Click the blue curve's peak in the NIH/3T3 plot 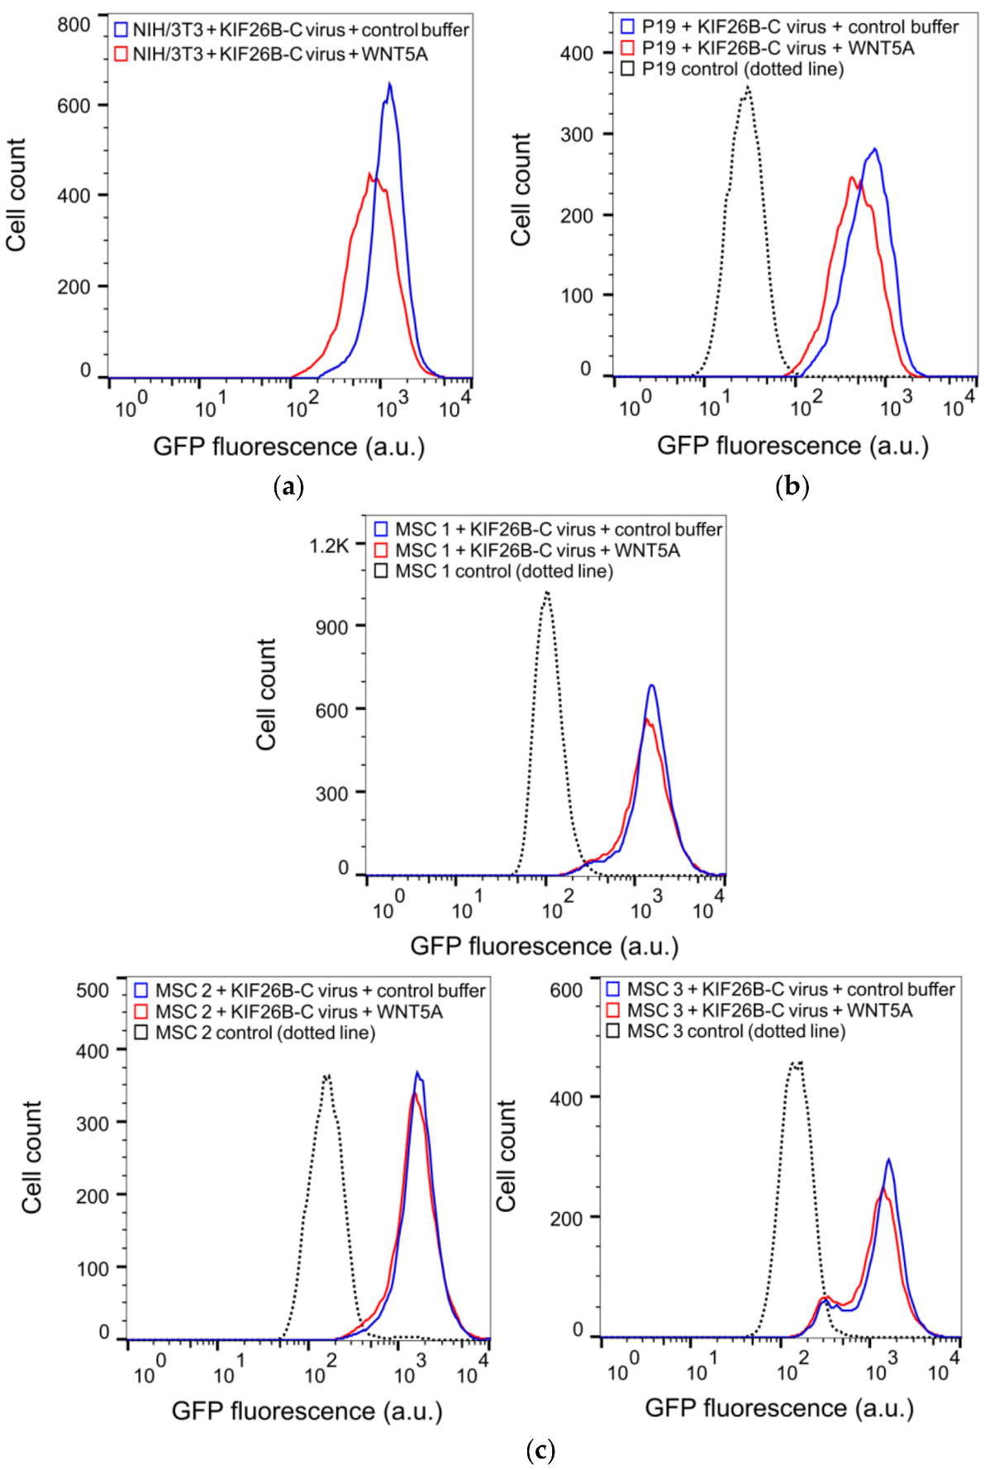389,84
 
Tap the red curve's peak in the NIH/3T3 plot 369,174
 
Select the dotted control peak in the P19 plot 747,87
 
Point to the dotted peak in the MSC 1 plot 546,592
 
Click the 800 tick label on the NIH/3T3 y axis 74,25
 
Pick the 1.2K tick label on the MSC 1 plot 329,546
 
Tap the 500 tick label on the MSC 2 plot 92,990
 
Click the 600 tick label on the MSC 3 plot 566,990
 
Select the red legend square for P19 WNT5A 627,48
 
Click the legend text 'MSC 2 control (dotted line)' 265,1033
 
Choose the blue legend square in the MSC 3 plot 612,989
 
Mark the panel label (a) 288,486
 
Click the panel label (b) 792,486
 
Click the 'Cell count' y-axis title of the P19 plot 521,189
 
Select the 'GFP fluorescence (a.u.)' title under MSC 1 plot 545,946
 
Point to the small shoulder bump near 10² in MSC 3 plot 825,1299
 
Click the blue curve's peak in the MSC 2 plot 418,1072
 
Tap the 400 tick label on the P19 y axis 576,54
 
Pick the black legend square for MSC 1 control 380,571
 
